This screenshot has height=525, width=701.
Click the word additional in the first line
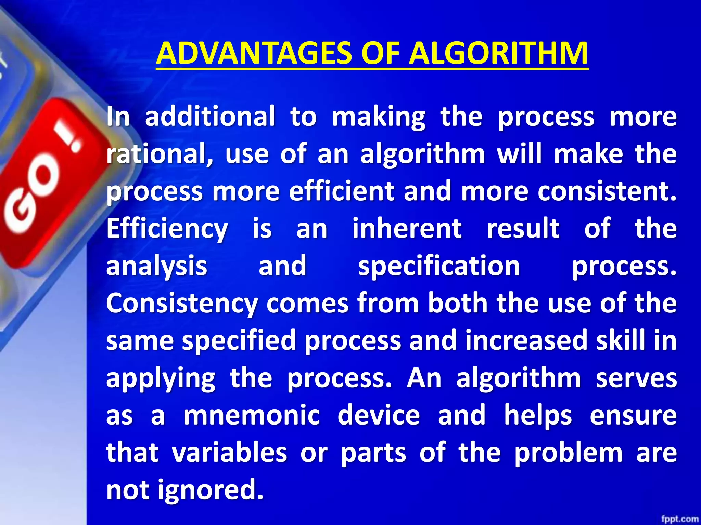point(210,117)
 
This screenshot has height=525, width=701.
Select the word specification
point(439,267)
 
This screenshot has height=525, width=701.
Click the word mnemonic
point(252,415)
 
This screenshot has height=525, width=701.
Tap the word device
point(379,415)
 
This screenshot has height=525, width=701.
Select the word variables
point(229,453)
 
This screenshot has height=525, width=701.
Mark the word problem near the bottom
point(569,453)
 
